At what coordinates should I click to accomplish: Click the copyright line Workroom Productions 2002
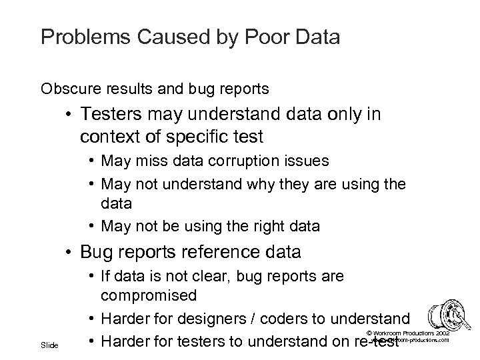click(x=409, y=332)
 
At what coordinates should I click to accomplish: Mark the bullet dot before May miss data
click(x=89, y=162)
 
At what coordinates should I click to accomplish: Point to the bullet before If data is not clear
click(x=89, y=275)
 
